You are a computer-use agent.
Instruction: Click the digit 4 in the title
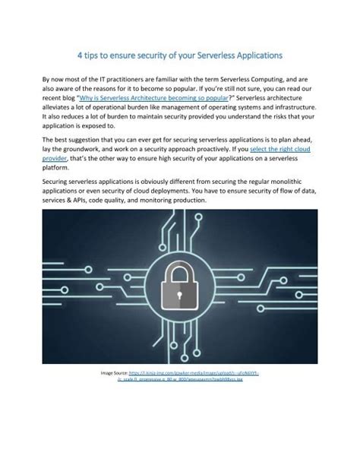tap(80, 55)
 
